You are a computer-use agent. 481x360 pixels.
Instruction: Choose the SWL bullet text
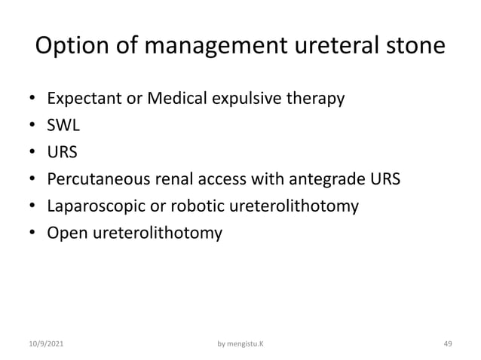click(x=63, y=126)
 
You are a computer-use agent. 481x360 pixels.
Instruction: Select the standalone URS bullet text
click(x=63, y=153)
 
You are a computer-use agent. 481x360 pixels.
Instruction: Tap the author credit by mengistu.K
click(x=240, y=343)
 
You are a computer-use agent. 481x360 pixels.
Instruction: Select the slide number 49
click(x=447, y=343)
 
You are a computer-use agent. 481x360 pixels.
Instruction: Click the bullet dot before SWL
click(x=32, y=127)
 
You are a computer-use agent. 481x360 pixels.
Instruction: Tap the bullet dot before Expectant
click(x=32, y=99)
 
